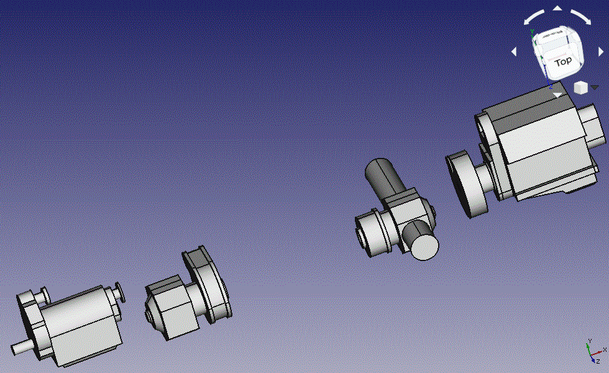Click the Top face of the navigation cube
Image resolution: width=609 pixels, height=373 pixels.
563,62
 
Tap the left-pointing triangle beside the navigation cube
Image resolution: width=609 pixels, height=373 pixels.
515,51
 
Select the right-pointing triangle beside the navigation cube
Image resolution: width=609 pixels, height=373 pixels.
601,52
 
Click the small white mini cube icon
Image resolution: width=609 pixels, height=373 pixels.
580,88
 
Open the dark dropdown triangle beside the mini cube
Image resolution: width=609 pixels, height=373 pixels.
595,88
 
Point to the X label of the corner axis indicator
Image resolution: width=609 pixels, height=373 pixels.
605,349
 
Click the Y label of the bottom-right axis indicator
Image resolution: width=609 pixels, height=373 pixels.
590,341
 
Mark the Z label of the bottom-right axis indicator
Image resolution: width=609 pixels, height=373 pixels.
598,361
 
